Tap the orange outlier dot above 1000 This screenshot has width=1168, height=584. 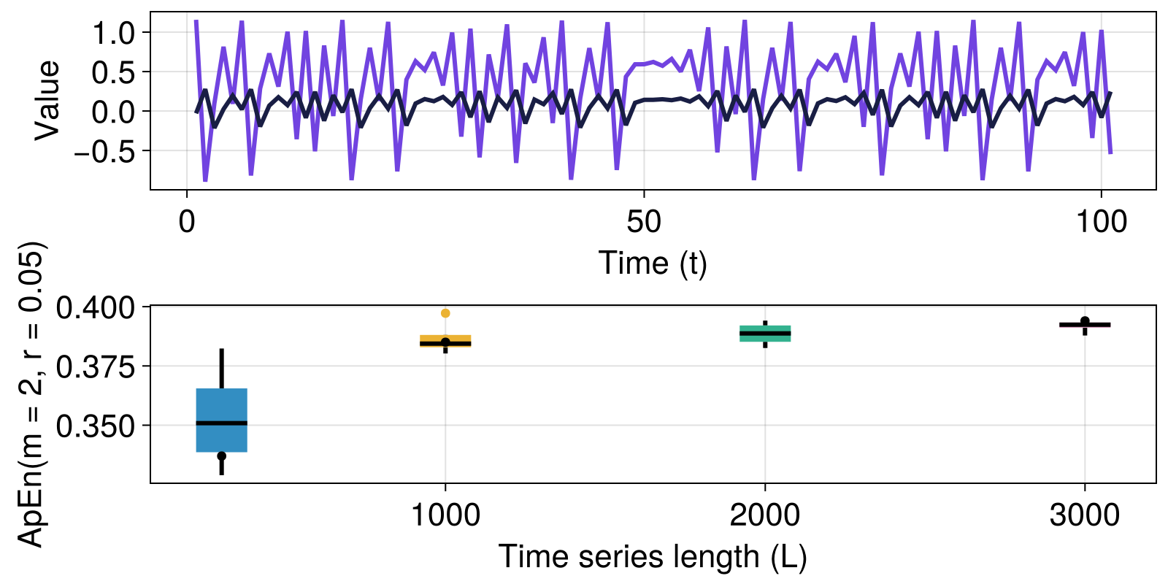click(x=445, y=313)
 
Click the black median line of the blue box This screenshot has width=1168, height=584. click(x=222, y=423)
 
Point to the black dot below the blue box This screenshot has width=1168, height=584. click(x=222, y=456)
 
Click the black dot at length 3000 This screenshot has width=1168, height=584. click(x=1085, y=320)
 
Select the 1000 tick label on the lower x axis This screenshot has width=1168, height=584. click(x=445, y=515)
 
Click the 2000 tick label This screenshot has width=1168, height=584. click(x=765, y=515)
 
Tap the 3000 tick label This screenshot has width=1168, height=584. click(x=1085, y=515)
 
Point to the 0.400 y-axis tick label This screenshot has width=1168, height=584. click(x=96, y=307)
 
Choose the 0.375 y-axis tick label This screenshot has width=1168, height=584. click(x=96, y=366)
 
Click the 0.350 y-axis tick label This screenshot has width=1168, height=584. click(x=96, y=426)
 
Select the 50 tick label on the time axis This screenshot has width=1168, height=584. click(x=644, y=222)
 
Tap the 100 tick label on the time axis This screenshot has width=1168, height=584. click(x=1101, y=222)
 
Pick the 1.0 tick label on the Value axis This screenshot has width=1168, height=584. click(x=114, y=33)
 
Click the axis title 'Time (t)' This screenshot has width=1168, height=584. click(x=653, y=263)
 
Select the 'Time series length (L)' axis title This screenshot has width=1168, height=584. click(x=653, y=557)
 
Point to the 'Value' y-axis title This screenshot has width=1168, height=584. click(x=47, y=100)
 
